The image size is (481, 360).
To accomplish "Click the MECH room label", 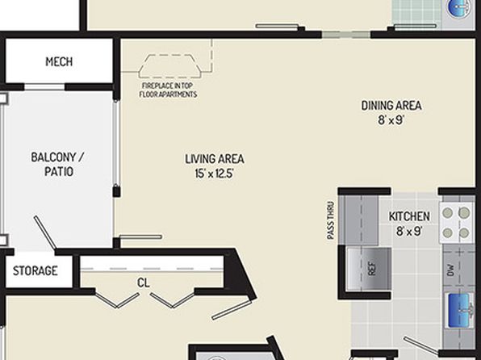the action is tap(59, 61).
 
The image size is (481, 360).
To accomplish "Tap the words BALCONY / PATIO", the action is tap(58, 164).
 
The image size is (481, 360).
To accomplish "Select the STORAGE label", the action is tap(35, 270).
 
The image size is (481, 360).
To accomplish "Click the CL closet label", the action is tap(144, 283).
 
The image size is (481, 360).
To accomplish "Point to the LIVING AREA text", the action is tap(215, 159).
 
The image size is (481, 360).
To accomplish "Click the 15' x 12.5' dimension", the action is tap(215, 174).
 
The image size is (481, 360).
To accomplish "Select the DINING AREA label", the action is tap(391, 106).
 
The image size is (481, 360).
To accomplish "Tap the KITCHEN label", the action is tap(409, 216).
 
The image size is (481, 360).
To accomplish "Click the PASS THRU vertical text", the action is tap(330, 220).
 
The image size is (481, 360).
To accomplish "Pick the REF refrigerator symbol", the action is tap(369, 269).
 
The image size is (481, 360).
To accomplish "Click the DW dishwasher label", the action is tap(450, 270).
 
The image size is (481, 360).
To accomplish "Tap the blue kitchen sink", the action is tap(460, 311).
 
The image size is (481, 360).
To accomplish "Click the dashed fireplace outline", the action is tap(169, 66).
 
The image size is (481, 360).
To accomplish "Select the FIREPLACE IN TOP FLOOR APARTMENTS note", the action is tap(168, 90).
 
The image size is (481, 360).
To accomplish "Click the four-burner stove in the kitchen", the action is tap(457, 223).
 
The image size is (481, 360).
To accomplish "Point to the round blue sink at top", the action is tap(459, 8).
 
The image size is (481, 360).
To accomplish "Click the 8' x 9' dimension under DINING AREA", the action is tap(391, 119).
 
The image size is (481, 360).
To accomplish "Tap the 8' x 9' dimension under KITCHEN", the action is tap(409, 231).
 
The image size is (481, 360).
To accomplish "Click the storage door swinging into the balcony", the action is tap(44, 232).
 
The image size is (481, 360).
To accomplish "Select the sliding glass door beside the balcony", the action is tap(116, 144).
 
